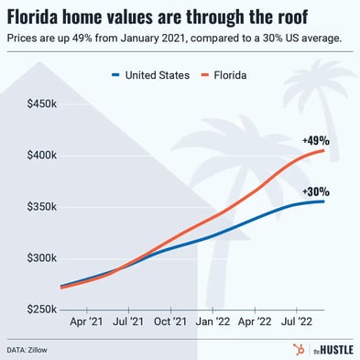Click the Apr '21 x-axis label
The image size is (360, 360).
click(x=85, y=323)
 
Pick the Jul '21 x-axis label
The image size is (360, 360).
click(x=127, y=323)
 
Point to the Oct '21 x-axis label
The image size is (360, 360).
click(x=170, y=323)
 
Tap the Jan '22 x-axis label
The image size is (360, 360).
click(x=213, y=323)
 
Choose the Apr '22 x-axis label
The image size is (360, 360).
click(x=255, y=323)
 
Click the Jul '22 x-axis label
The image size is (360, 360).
click(x=297, y=323)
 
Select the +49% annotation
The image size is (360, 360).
click(x=315, y=140)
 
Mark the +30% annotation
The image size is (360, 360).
click(x=315, y=191)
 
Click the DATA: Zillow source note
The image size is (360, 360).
click(x=31, y=349)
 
